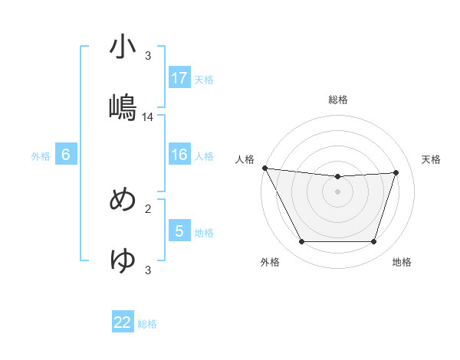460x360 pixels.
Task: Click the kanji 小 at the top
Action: point(123,47)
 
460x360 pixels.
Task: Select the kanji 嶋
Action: point(123,107)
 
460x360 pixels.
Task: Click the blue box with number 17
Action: point(179,77)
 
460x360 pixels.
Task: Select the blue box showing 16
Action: point(179,155)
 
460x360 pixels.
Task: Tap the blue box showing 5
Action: point(179,231)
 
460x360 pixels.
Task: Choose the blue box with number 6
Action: point(66,155)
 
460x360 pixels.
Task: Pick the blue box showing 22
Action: point(123,322)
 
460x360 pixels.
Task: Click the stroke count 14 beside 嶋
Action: point(148,117)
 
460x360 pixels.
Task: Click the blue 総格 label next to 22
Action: point(147,324)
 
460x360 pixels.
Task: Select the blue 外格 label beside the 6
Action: point(41,156)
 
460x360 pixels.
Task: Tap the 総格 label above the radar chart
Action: point(338,100)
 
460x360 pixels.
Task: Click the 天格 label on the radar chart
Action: point(432,159)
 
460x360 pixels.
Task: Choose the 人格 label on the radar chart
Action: point(245,159)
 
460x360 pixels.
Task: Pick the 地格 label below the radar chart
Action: point(402,262)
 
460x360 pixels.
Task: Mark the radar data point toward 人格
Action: point(264,168)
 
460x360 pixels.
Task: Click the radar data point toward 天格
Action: point(396,172)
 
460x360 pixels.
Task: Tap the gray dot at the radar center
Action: point(338,191)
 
